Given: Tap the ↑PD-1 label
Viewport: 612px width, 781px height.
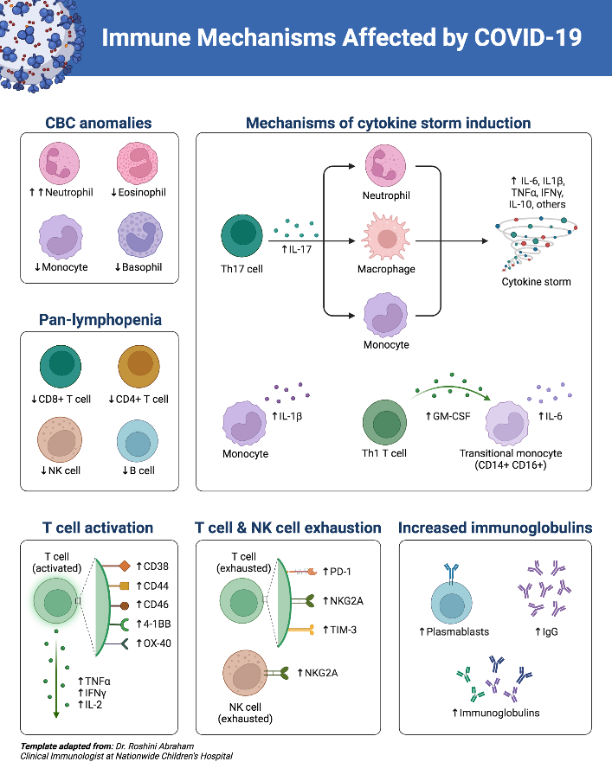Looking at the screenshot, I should tap(337, 572).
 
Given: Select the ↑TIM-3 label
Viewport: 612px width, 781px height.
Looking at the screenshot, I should tap(338, 629).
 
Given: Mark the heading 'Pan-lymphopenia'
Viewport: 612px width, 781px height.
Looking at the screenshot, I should tap(100, 320).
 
